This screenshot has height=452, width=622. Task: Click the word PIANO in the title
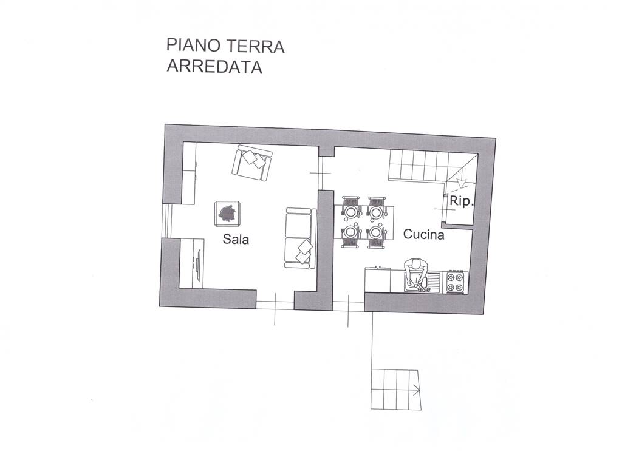[x=194, y=46]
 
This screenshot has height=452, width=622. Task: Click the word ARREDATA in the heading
[x=214, y=67]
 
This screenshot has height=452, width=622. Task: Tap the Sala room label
[x=236, y=239]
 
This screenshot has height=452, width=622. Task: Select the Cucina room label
[x=423, y=235]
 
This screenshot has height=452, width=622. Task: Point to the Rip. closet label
[x=462, y=201]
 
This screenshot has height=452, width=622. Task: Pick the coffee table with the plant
[x=227, y=214]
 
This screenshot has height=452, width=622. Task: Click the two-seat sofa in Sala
[x=300, y=238]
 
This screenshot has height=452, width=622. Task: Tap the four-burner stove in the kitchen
[x=456, y=282]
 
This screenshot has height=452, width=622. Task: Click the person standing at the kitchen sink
[x=415, y=274]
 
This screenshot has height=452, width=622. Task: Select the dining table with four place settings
[x=364, y=222]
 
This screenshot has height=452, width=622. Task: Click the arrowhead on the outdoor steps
[x=417, y=390]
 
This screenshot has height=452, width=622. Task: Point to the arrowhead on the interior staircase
[x=460, y=184]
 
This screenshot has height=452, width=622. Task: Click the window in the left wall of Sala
[x=168, y=221]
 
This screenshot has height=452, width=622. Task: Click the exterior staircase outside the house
[x=395, y=390]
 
